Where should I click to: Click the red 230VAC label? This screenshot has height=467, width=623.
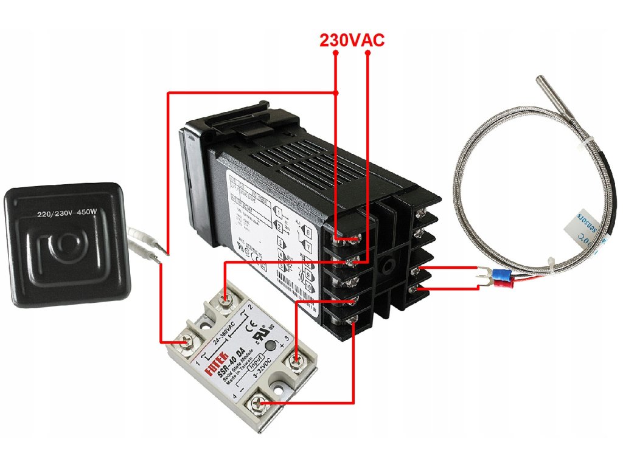pyautogui.click(x=352, y=40)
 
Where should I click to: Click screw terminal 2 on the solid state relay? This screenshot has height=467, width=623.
pyautogui.click(x=226, y=299)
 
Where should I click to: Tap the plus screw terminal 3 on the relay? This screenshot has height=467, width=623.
pyautogui.click(x=296, y=363)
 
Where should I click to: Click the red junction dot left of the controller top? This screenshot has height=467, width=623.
pyautogui.click(x=336, y=92)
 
